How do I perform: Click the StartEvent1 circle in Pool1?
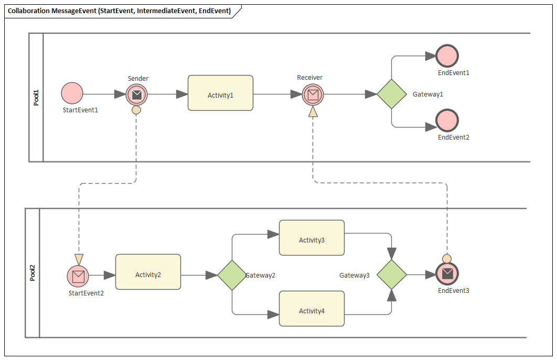click(x=72, y=93)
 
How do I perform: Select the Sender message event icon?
click(x=136, y=94)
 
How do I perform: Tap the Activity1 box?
click(x=220, y=93)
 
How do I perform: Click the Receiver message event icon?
click(x=313, y=94)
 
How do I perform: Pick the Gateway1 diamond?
click(x=392, y=94)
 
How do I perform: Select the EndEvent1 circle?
click(x=447, y=56)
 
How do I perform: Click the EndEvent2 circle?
click(x=447, y=120)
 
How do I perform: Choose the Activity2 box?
click(x=148, y=272)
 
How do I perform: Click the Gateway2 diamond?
click(x=232, y=275)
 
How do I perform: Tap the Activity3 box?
click(x=312, y=238)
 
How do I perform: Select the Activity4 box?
click(x=312, y=309)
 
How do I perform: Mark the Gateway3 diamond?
click(x=392, y=274)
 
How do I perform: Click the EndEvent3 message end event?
click(x=447, y=273)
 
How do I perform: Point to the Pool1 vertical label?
click(x=36, y=97)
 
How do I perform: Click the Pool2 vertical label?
click(x=33, y=273)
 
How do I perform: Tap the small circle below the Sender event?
click(x=136, y=110)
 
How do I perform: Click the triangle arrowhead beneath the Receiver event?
click(x=313, y=111)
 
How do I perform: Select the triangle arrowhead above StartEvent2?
click(x=79, y=259)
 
